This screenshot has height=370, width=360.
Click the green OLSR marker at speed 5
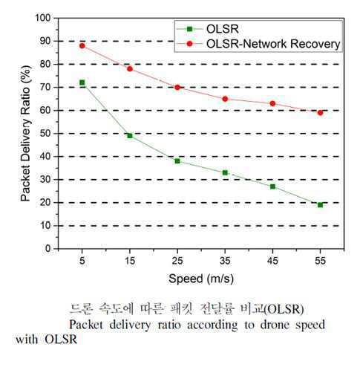coord(82,82)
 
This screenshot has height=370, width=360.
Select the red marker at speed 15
coord(130,69)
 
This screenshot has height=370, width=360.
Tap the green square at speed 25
coord(177,161)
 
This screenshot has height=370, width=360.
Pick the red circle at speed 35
coord(225,99)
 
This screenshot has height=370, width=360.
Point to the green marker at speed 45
coord(272,186)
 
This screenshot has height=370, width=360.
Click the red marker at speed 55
coord(320,113)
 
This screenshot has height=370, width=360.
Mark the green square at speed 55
coord(320,205)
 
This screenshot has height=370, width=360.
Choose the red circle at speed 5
coord(82,46)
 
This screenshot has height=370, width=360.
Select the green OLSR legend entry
coord(208,29)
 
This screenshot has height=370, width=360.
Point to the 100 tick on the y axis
coord(43,18)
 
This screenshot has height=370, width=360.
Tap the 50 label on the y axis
coord(45,134)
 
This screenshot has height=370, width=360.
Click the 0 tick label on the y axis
coord(48,249)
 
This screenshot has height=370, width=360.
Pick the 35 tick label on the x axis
coord(225,261)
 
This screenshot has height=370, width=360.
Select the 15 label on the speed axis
coord(130,261)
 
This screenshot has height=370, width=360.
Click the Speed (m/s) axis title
coord(201,279)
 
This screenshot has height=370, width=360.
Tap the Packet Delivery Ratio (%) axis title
coord(26,134)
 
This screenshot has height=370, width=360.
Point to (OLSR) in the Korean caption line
coord(284,309)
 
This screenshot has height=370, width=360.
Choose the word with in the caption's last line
coord(27,339)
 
